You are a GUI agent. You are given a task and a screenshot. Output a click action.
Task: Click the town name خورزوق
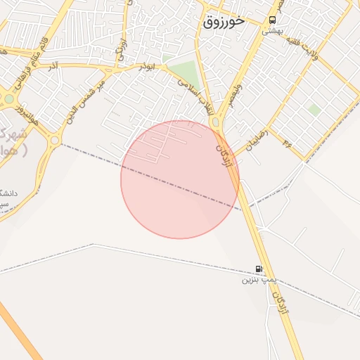click(x=224, y=21)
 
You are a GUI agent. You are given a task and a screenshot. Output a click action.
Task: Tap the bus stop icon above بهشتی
click(x=272, y=20)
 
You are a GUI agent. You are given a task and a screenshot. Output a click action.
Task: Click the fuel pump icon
click(x=259, y=269)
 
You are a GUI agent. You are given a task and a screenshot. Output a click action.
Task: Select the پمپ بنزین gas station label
click(x=256, y=279)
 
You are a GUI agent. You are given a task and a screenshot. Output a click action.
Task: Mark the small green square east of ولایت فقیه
click(x=314, y=110)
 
